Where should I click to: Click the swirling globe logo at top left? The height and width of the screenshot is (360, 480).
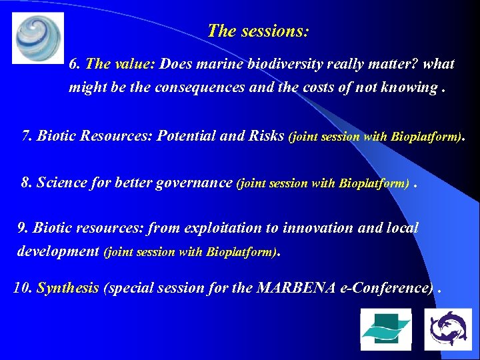(38, 37)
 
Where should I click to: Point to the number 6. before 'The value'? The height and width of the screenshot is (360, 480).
(75, 65)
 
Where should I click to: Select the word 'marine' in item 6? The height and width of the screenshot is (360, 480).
(223, 65)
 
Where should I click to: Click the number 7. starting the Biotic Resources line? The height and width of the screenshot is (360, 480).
(27, 137)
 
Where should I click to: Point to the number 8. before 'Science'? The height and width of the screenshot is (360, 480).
(27, 183)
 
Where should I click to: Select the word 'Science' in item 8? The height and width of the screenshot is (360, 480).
(60, 183)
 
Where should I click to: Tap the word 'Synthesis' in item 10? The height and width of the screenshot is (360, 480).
(68, 288)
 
